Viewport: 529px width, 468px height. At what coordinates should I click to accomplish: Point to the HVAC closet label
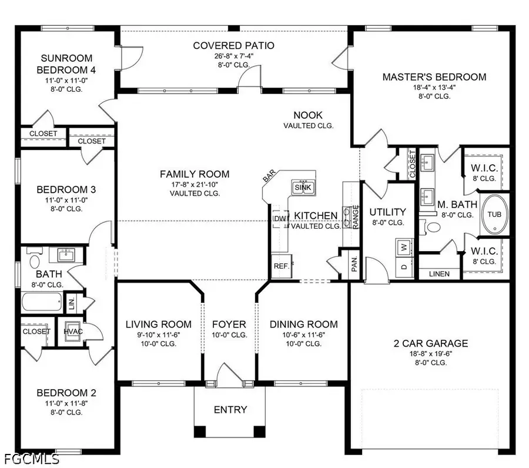point(73,331)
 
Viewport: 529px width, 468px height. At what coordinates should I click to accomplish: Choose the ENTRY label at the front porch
point(230,409)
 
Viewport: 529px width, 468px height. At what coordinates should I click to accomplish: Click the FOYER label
point(229,324)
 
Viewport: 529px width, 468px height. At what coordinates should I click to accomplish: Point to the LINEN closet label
point(439,274)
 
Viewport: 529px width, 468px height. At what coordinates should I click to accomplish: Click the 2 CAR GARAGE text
point(431,343)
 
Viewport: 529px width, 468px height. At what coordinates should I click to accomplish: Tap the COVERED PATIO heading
point(234,45)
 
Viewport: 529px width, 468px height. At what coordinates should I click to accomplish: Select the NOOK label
point(309,115)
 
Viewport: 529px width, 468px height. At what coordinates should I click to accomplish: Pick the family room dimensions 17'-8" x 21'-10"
point(195,185)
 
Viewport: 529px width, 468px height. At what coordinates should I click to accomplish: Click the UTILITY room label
point(387,212)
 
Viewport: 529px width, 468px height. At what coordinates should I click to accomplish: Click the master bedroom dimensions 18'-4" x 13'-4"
point(434,87)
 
